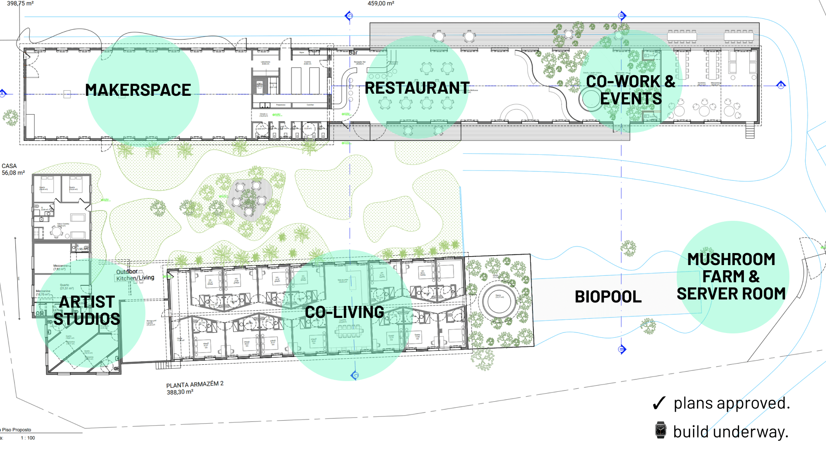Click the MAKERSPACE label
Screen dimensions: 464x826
click(x=138, y=90)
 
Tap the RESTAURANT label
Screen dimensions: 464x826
click(x=416, y=88)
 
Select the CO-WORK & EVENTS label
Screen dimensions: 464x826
click(x=630, y=90)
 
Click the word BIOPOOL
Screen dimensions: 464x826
click(x=608, y=297)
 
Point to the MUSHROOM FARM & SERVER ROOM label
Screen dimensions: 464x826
click(x=731, y=277)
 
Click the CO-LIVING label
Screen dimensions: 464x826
click(x=344, y=312)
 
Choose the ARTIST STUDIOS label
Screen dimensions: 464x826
click(x=87, y=311)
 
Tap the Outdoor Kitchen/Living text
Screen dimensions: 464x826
click(x=135, y=275)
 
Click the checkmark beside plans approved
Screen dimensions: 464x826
click(x=659, y=403)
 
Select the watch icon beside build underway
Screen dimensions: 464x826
click(x=660, y=430)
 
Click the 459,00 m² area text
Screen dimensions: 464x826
click(x=381, y=3)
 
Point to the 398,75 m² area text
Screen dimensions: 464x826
click(x=20, y=3)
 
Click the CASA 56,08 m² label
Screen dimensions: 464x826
click(x=13, y=169)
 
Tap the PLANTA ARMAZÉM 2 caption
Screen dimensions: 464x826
click(x=194, y=385)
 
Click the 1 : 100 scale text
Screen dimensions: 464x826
click(x=28, y=438)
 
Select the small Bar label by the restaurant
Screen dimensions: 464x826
click(x=353, y=52)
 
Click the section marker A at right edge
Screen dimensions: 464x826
click(x=781, y=85)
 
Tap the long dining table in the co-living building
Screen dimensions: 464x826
click(x=349, y=331)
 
